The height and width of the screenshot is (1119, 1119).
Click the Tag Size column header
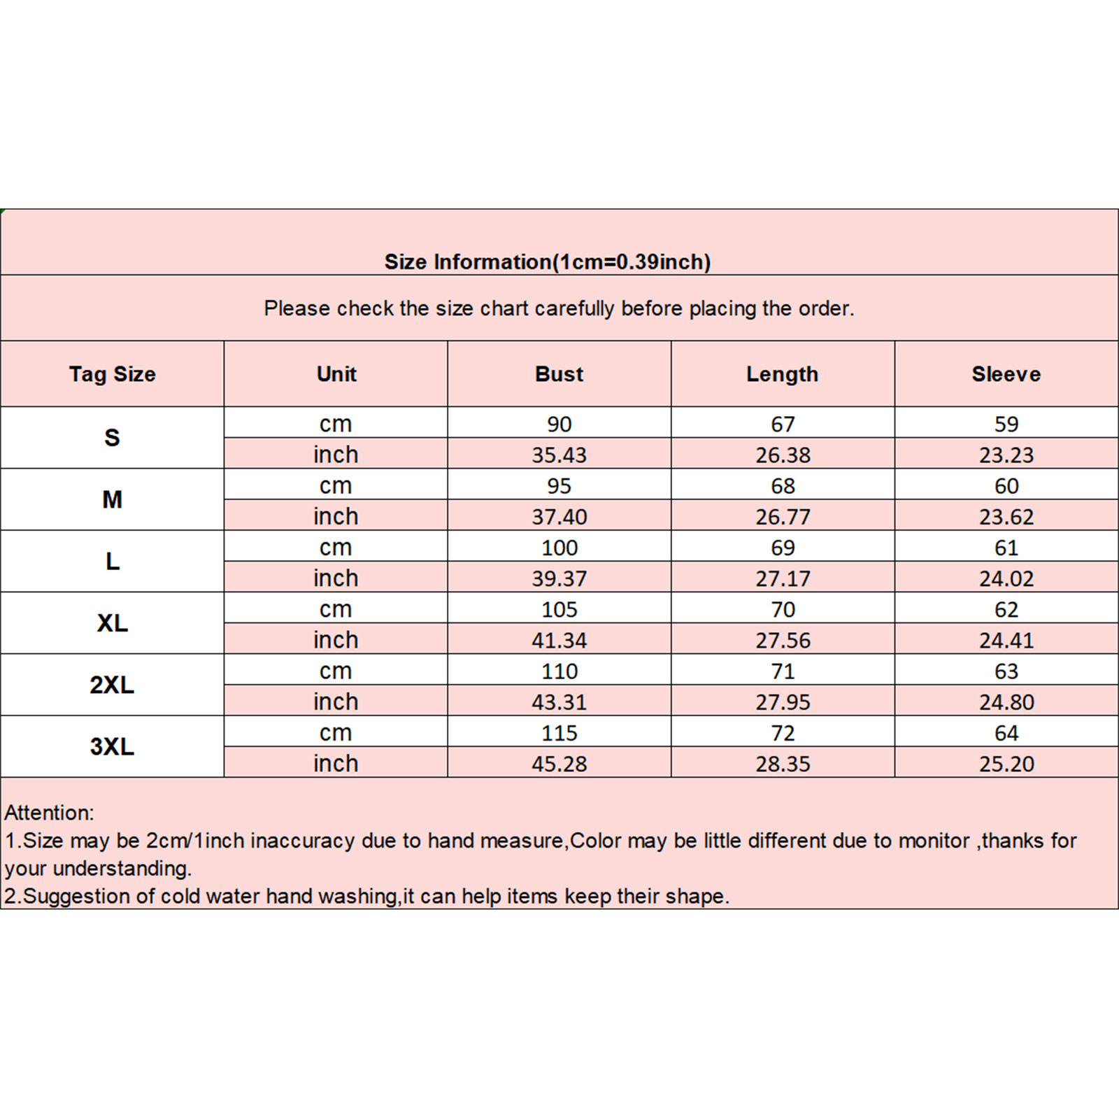click(x=112, y=374)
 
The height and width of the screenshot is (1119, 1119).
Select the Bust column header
click(x=559, y=374)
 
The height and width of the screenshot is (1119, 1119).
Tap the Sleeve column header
click(x=1006, y=374)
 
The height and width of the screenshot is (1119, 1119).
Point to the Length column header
click(x=782, y=374)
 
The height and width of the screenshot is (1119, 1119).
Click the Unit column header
click(x=336, y=374)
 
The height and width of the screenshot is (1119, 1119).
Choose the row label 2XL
click(x=112, y=685)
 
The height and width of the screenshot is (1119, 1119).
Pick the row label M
click(x=112, y=499)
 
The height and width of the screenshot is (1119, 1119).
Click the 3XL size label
click(x=112, y=746)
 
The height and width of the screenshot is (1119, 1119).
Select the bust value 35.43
click(x=559, y=455)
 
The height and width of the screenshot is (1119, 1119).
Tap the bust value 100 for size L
click(x=559, y=548)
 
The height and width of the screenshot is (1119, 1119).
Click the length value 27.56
click(x=783, y=640)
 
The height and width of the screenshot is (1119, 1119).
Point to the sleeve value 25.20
click(x=1006, y=764)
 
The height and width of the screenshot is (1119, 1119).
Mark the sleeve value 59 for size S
click(x=1006, y=424)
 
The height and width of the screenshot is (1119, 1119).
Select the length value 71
click(x=783, y=671)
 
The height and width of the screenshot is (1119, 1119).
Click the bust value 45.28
click(x=559, y=764)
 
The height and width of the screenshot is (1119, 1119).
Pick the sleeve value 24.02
click(x=1006, y=578)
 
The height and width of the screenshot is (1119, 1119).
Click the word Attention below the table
click(x=48, y=813)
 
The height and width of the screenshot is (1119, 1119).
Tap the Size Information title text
click(x=547, y=262)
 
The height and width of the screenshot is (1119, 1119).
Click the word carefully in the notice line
click(x=574, y=308)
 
